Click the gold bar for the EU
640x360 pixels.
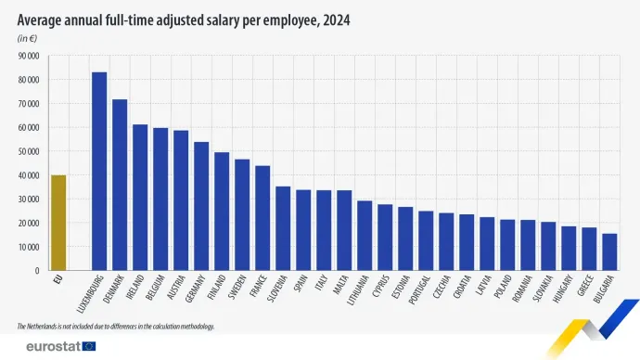pyautogui.click(x=58, y=223)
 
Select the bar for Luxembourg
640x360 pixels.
pyautogui.click(x=99, y=172)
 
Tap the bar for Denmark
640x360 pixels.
pyautogui.click(x=120, y=185)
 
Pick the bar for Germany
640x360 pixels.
pyautogui.click(x=200, y=206)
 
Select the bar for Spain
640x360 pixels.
pyautogui.click(x=302, y=230)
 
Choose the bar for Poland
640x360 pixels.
pyautogui.click(x=506, y=245)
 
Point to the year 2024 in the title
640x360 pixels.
pyautogui.click(x=337, y=19)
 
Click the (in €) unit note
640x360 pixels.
pyautogui.click(x=28, y=38)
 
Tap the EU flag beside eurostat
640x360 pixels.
pyautogui.click(x=89, y=346)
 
